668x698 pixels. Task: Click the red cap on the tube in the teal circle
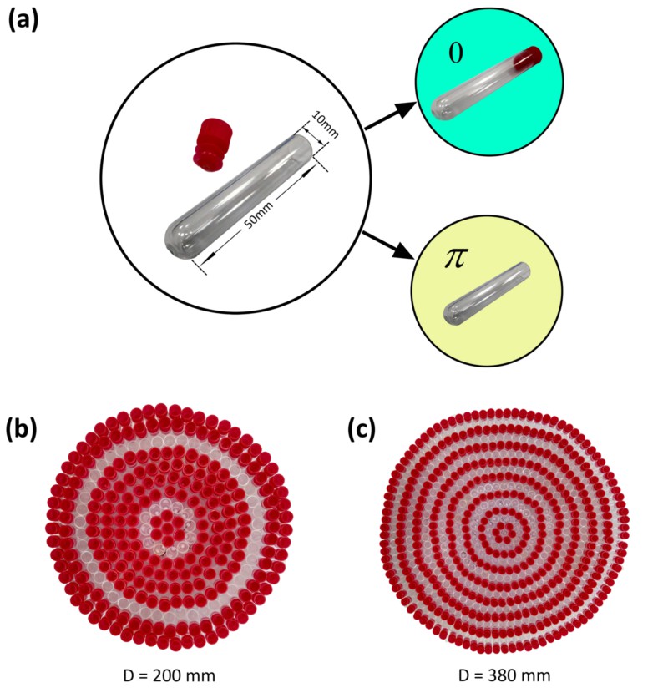(x=528, y=59)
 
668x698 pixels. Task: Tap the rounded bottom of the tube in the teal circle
(x=441, y=108)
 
